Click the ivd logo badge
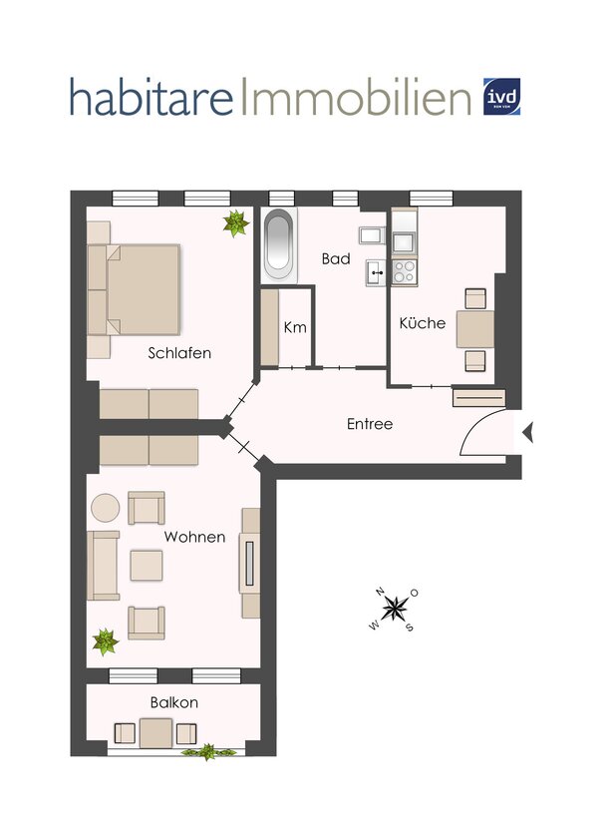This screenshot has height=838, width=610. point(502,97)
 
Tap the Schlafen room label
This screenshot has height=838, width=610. point(179,353)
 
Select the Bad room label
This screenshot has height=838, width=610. point(335,258)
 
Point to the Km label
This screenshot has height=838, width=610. point(294,327)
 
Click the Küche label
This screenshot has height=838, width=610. point(422,323)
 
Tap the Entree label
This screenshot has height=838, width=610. point(369,424)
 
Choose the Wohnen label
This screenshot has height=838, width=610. point(194,537)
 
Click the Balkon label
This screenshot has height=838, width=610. point(173,702)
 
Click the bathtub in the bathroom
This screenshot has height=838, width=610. point(279,245)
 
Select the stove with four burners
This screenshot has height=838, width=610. point(405,269)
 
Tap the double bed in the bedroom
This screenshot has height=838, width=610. point(140,289)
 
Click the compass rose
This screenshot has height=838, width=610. point(396,607)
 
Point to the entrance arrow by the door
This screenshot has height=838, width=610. point(528,431)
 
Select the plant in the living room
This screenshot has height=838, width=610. point(105,640)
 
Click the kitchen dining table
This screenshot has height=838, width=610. point(474,328)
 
